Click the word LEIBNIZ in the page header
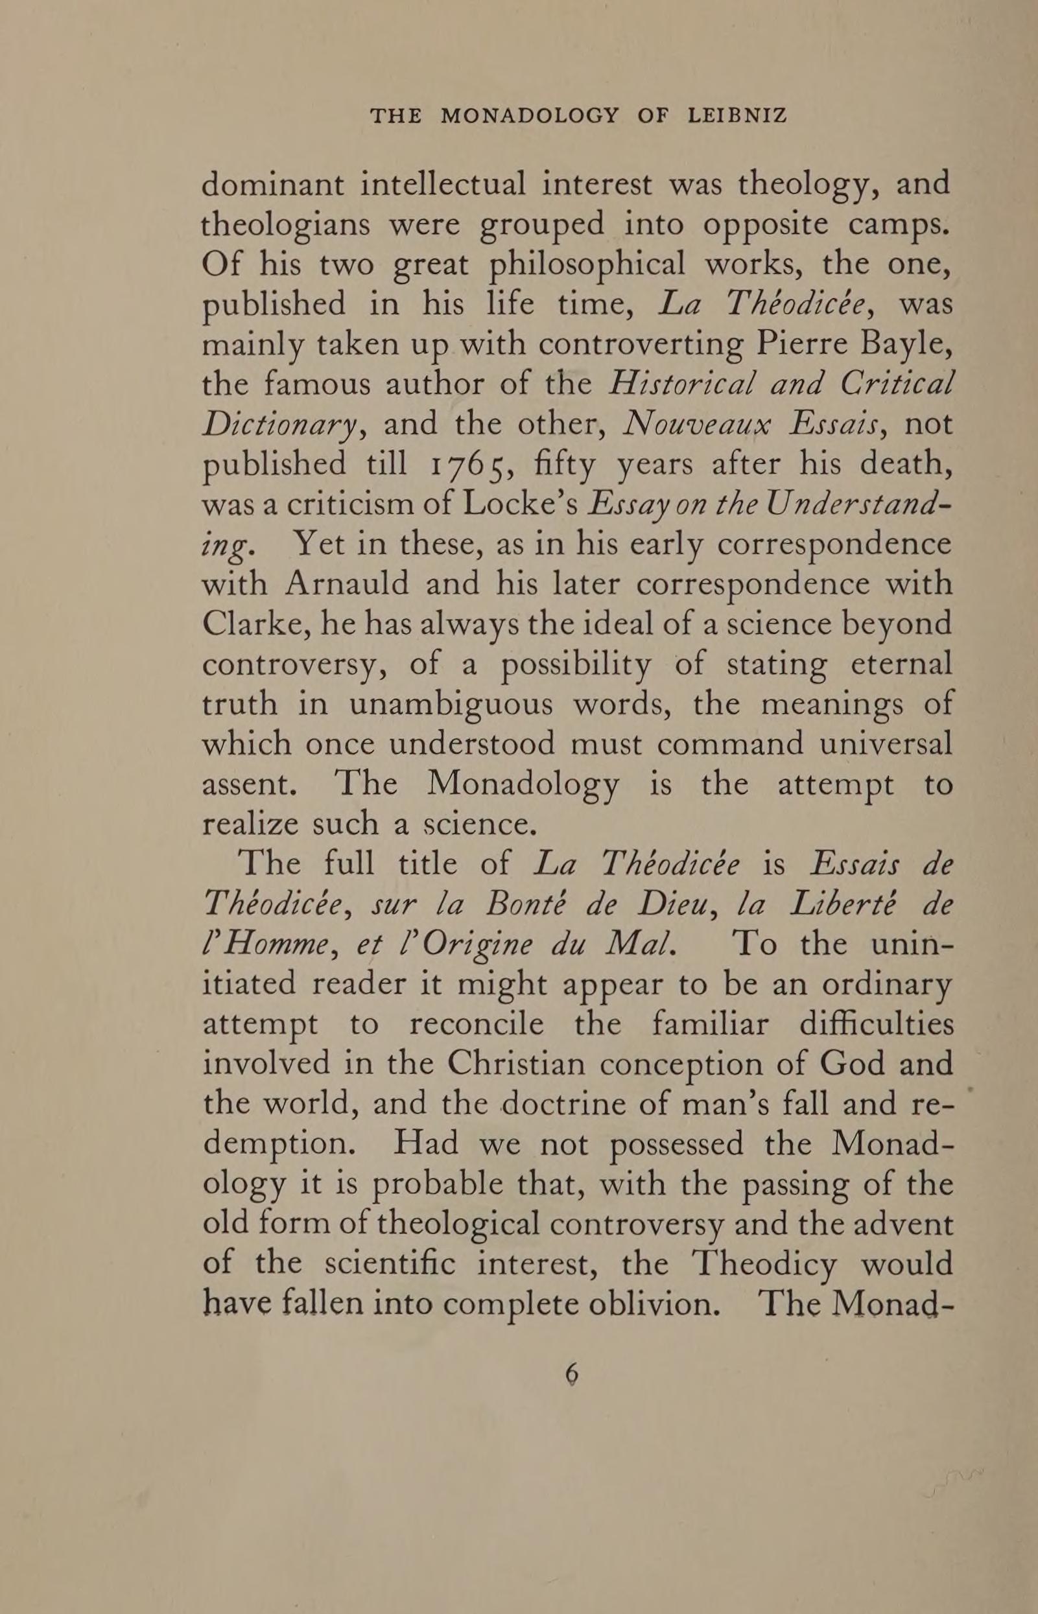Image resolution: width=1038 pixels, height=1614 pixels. click(x=737, y=116)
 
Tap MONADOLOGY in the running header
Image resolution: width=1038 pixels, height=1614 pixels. click(x=528, y=116)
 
